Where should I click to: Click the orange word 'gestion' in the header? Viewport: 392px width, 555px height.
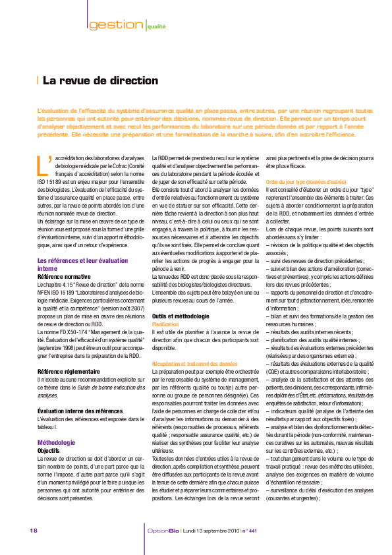(x=116, y=25)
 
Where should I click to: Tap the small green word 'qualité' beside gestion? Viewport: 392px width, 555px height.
(x=157, y=27)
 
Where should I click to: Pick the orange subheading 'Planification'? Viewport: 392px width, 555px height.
(x=165, y=325)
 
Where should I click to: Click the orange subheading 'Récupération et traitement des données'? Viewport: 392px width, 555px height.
(x=194, y=363)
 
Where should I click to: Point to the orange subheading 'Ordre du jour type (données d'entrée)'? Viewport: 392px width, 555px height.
(x=305, y=181)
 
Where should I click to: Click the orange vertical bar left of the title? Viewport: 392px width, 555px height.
(x=38, y=81)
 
